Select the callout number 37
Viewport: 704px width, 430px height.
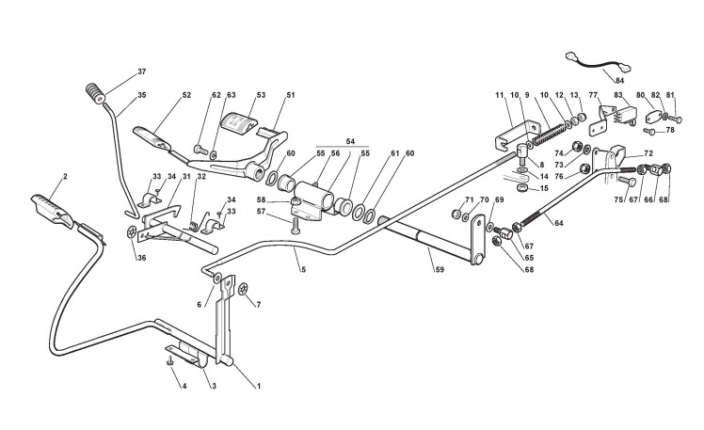pyautogui.click(x=142, y=72)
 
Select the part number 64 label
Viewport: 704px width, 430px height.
pyautogui.click(x=560, y=223)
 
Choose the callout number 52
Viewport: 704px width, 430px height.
pyautogui.click(x=185, y=95)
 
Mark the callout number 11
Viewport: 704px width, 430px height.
pyautogui.click(x=500, y=95)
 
